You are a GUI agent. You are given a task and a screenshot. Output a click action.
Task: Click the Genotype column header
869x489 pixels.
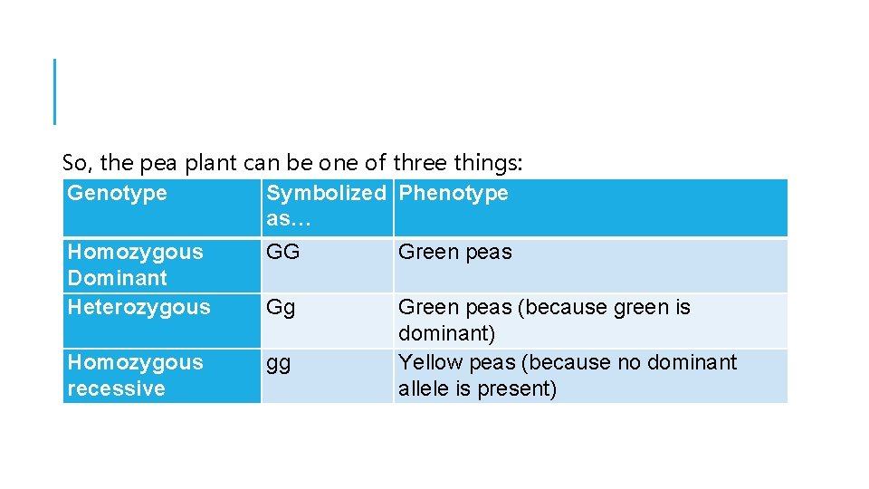pos(118,193)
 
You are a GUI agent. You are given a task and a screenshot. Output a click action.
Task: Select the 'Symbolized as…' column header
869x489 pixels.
pos(325,206)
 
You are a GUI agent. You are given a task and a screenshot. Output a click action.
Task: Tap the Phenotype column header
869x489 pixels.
pos(454,193)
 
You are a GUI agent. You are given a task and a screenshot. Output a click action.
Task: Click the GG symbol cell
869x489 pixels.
pos(283,252)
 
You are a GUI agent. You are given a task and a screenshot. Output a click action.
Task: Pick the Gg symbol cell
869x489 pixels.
pos(282,307)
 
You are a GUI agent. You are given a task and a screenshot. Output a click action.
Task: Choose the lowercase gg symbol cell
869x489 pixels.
pos(280,363)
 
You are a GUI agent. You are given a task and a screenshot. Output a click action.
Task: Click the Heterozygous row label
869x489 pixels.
pos(138,307)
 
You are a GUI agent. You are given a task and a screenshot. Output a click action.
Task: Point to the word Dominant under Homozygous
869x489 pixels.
pos(118,278)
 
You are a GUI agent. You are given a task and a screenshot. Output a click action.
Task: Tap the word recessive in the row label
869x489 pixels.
pos(116,388)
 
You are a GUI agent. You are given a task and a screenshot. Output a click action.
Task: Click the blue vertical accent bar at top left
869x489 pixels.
pos(54,91)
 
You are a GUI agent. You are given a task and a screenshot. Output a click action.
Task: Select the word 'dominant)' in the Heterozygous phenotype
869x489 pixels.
pos(447,333)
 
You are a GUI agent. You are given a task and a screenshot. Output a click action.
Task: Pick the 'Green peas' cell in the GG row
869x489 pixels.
pos(455,252)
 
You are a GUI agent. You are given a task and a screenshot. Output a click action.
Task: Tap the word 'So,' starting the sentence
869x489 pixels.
pos(78,163)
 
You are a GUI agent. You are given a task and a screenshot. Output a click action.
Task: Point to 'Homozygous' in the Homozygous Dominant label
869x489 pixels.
pos(136,252)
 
